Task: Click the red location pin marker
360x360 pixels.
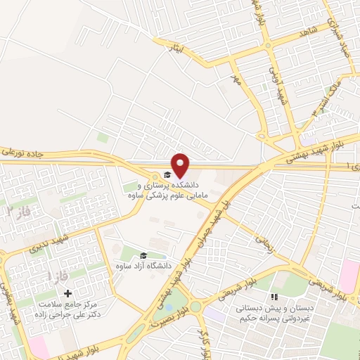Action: click(181, 165)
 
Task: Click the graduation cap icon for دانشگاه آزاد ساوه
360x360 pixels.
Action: click(143, 256)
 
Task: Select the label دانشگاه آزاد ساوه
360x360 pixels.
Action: click(143, 267)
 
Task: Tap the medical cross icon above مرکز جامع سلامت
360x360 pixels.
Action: click(67, 293)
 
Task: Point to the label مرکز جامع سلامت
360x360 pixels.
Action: click(83, 304)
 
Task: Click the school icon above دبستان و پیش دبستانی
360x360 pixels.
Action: click(275, 297)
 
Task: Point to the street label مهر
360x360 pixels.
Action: click(236, 82)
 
